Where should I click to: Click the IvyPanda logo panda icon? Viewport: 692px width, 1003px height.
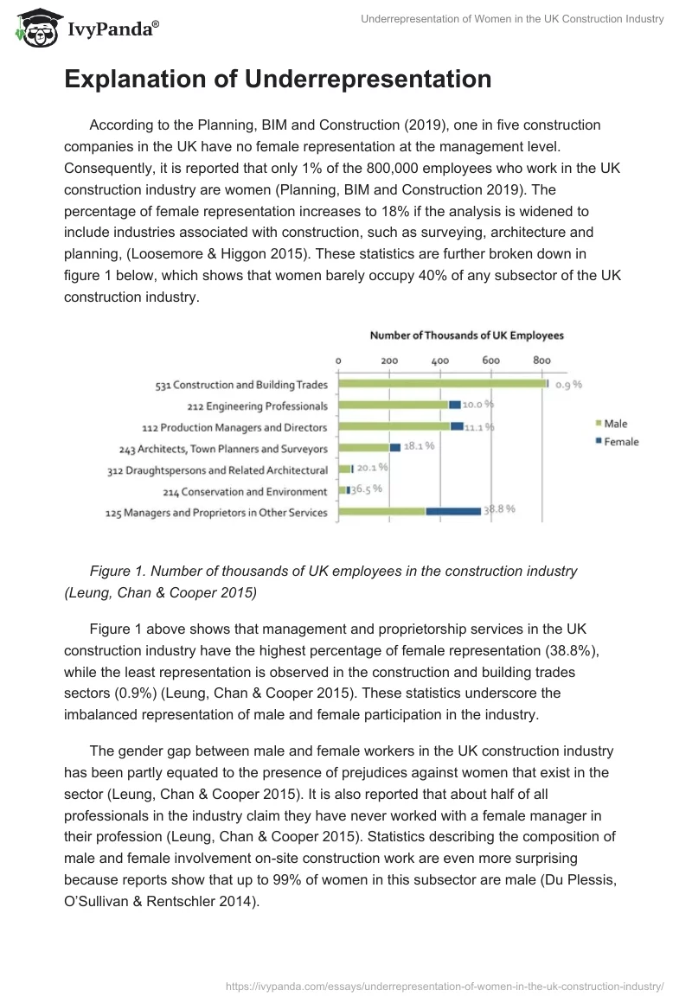[34, 29]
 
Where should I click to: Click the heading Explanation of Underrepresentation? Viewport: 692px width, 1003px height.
[278, 80]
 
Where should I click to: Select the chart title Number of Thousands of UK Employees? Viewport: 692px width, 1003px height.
[466, 335]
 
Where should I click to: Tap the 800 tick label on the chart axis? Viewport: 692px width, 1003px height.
[541, 361]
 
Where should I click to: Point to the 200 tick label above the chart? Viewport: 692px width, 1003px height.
[389, 361]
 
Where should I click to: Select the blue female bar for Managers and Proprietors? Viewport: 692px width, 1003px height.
[453, 512]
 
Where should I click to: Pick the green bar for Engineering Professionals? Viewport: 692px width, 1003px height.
[393, 405]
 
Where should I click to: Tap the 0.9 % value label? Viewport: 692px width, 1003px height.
[568, 385]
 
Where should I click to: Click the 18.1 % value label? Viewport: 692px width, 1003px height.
[420, 446]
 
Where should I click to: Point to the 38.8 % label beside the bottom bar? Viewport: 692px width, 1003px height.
[500, 509]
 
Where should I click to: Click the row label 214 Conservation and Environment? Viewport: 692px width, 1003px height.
[245, 491]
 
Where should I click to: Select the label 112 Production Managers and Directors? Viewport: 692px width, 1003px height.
[234, 427]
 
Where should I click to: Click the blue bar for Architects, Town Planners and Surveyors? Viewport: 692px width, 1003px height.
[395, 447]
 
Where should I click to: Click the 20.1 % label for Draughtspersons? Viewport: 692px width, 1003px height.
[372, 468]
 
